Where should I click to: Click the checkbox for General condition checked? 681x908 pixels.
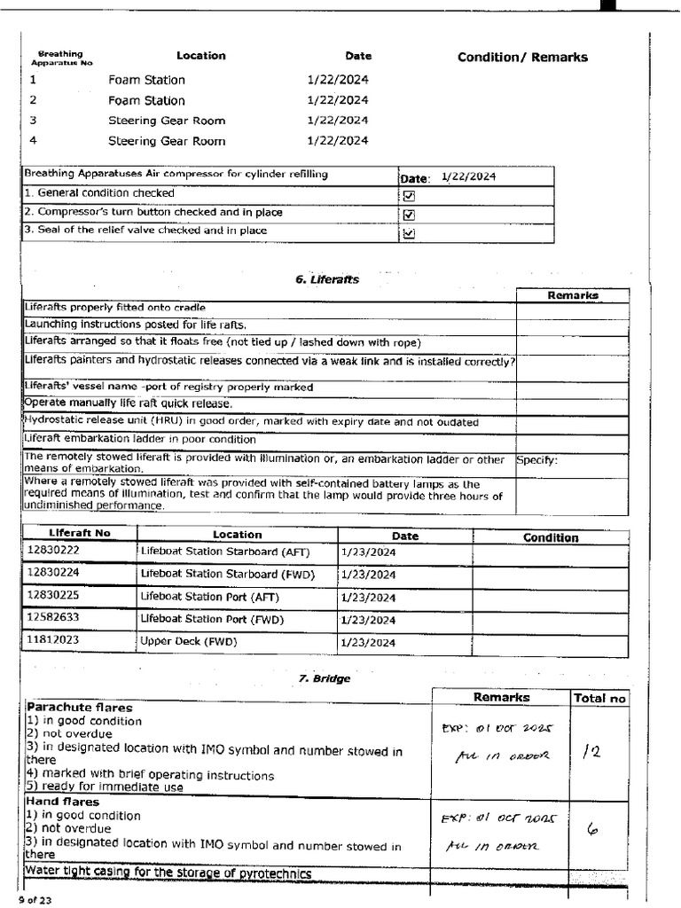(x=409, y=196)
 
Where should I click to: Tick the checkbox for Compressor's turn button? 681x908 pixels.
(x=409, y=215)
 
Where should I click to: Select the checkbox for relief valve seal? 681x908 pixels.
(x=409, y=234)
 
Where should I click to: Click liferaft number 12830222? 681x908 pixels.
(x=52, y=552)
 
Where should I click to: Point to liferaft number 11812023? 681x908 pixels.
(x=52, y=639)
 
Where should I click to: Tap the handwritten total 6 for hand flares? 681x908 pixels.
(x=592, y=830)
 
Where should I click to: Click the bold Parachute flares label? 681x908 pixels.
(x=80, y=708)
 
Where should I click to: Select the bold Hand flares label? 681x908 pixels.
(x=62, y=802)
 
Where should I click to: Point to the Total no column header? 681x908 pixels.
(x=599, y=699)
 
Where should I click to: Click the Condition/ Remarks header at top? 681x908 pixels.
(x=522, y=58)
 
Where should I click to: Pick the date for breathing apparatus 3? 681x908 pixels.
(x=337, y=121)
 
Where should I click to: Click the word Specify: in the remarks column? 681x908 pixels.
(x=537, y=460)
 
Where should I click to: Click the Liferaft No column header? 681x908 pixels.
(x=80, y=535)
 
